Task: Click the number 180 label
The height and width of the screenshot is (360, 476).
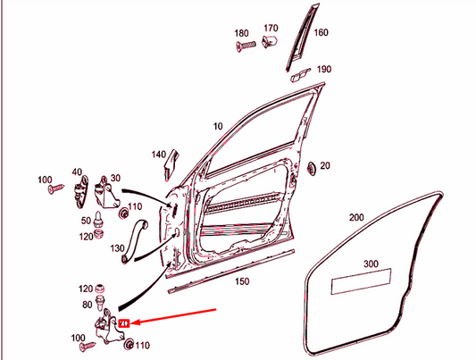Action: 241,33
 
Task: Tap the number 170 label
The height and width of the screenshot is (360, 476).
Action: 271,28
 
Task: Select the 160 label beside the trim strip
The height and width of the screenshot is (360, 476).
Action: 321,33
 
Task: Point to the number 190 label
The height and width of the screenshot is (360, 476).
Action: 324,69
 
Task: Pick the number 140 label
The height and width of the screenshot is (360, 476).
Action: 159,155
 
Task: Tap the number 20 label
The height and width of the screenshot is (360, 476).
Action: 324,165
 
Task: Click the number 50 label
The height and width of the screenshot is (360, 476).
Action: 86,220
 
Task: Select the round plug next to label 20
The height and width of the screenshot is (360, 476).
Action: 309,167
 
